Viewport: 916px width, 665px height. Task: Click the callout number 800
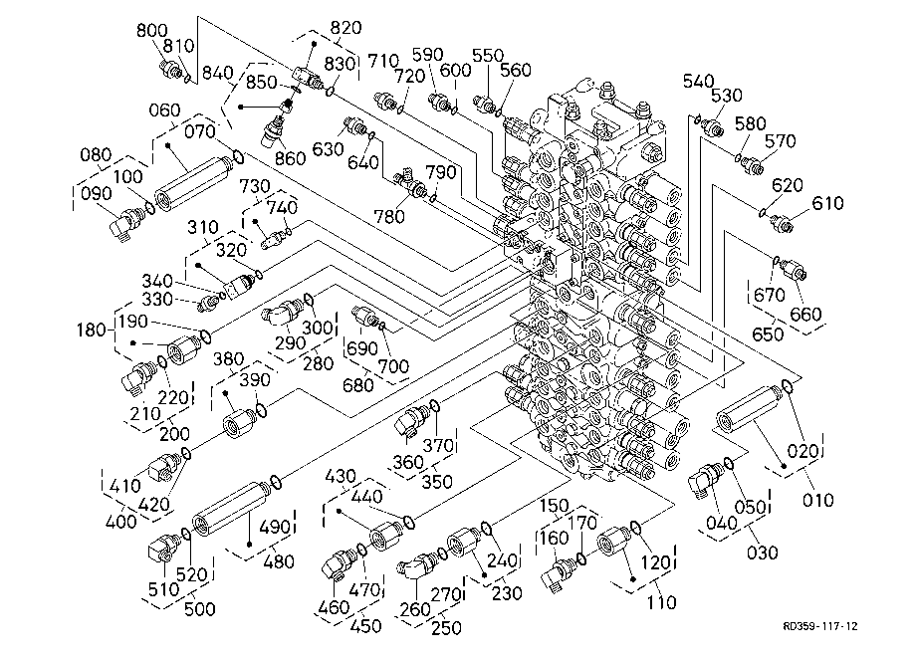tap(152, 30)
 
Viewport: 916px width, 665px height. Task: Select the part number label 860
tap(291, 158)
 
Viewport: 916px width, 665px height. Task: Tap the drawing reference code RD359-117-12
tap(820, 626)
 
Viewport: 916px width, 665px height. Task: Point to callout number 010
tap(817, 500)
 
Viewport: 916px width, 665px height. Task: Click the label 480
tap(279, 561)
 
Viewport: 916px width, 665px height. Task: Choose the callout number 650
tap(768, 333)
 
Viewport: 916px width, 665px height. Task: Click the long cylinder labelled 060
tap(194, 184)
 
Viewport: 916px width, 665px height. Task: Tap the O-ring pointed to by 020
tap(787, 386)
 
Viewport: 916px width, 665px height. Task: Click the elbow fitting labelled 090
tap(127, 222)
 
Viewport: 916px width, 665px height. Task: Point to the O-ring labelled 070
tap(238, 156)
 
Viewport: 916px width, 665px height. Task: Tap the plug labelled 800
tap(170, 69)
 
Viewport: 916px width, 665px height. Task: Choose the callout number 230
tap(507, 592)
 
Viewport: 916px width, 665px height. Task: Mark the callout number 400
tap(120, 521)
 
